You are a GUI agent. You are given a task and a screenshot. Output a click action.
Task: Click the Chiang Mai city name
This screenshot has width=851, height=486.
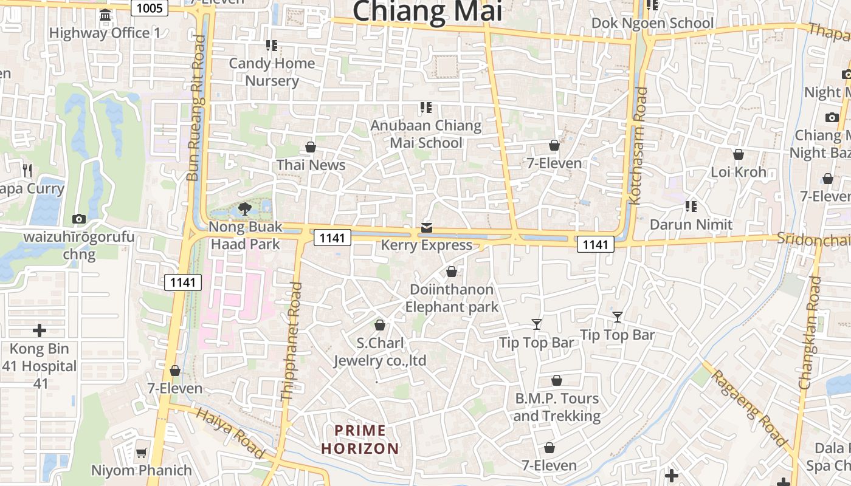(427, 11)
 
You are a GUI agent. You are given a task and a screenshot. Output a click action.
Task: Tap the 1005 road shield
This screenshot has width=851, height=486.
(150, 7)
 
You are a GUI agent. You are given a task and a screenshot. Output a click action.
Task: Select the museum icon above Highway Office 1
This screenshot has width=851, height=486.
(105, 15)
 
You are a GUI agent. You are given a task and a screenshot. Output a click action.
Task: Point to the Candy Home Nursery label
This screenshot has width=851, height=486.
(272, 72)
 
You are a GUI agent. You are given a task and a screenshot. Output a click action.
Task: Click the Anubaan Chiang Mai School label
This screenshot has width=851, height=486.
(425, 134)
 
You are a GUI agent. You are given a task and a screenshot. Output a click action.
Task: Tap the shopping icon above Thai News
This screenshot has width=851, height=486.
(311, 147)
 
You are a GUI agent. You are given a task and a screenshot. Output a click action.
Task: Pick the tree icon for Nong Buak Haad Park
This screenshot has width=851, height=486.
(245, 209)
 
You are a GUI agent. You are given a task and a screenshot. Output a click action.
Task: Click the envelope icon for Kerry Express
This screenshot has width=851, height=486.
(427, 228)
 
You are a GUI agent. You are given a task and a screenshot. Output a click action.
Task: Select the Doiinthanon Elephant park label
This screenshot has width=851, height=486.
(452, 298)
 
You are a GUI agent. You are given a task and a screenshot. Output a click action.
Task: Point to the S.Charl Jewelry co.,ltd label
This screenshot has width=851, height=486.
(380, 352)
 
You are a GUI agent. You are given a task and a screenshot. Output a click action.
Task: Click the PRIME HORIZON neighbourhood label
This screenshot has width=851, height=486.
(360, 440)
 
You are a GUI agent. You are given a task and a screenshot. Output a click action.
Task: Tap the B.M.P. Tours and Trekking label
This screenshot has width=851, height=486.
(557, 407)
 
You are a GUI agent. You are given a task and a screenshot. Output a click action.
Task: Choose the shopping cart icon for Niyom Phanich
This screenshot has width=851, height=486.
(142, 453)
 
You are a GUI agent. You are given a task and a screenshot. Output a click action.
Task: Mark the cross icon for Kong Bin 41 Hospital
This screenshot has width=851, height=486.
(40, 330)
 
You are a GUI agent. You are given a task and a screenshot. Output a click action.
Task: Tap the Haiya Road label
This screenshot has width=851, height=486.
(231, 433)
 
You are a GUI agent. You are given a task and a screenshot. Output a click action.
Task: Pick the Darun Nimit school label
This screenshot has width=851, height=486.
(691, 224)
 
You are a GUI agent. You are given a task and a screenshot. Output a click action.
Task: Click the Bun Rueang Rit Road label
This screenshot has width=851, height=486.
(196, 108)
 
